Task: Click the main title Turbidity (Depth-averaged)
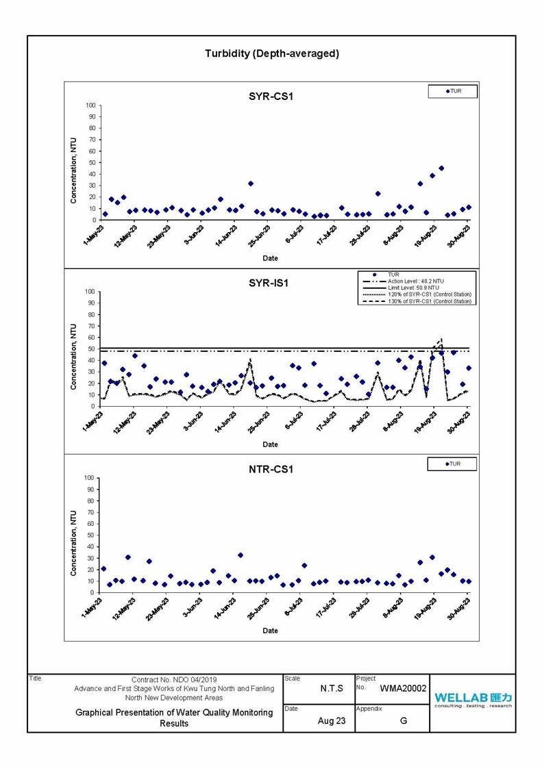pyautogui.click(x=272, y=53)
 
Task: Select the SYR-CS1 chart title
pyautogui.click(x=271, y=96)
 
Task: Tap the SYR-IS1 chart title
pyautogui.click(x=269, y=283)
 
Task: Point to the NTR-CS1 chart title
pyautogui.click(x=271, y=469)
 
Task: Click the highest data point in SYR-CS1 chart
pyautogui.click(x=441, y=168)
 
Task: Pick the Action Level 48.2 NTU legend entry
pyautogui.click(x=404, y=281)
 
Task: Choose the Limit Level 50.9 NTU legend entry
pyautogui.click(x=401, y=288)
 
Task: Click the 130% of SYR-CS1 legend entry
pyautogui.click(x=417, y=301)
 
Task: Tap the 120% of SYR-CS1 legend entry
pyautogui.click(x=417, y=294)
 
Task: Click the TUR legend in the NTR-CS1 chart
pyautogui.click(x=453, y=464)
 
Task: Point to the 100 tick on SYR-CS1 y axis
pyautogui.click(x=90, y=105)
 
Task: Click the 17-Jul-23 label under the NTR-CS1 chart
pyautogui.click(x=325, y=609)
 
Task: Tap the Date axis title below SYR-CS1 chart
pyautogui.click(x=270, y=258)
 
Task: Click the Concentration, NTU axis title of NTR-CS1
pyautogui.click(x=73, y=543)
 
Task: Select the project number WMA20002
pyautogui.click(x=404, y=689)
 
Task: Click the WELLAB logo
pyautogui.click(x=473, y=699)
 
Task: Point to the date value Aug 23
pyautogui.click(x=332, y=720)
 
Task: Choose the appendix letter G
pyautogui.click(x=404, y=720)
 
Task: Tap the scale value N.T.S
pyautogui.click(x=332, y=689)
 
